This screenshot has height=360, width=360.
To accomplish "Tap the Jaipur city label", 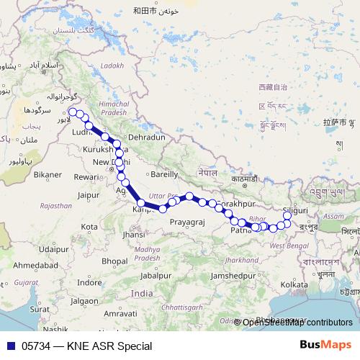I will tap(88, 194).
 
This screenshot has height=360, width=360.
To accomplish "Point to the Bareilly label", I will tap(163, 174).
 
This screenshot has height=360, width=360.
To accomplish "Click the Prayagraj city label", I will tap(187, 222).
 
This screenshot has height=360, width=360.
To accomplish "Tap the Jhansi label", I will tap(134, 234).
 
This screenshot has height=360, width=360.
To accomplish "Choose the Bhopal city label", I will tap(114, 260).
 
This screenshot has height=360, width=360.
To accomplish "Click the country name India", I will tap(142, 294).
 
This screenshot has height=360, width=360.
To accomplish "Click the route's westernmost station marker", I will tap(72, 112).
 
